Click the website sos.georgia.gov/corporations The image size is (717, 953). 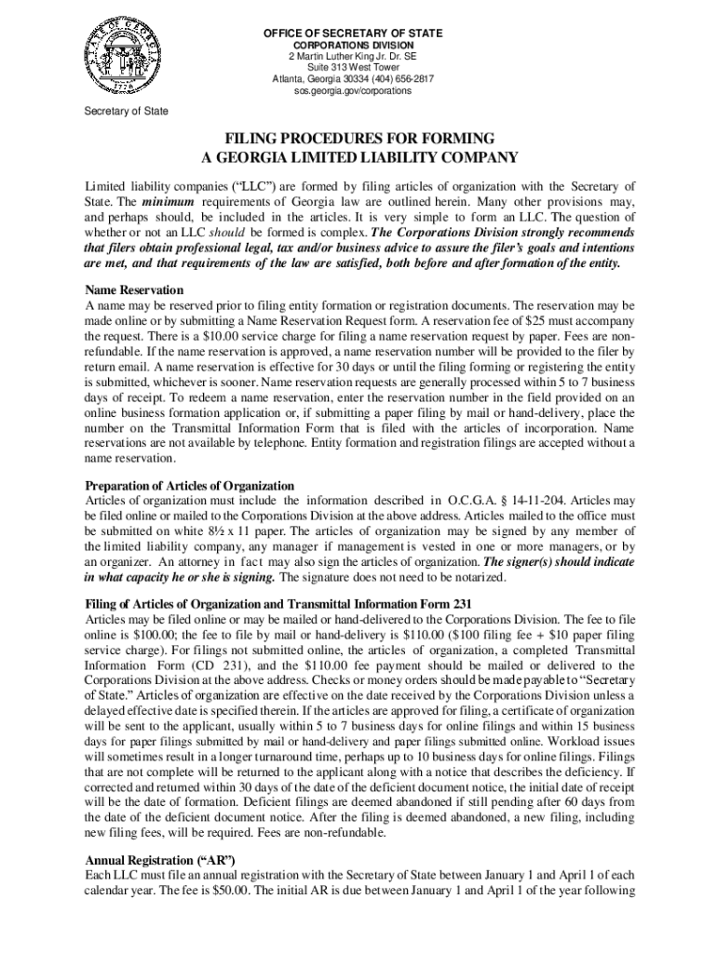(x=351, y=91)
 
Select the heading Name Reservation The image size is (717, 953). (x=134, y=290)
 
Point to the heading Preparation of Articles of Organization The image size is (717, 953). (x=190, y=486)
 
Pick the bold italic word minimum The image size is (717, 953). (x=168, y=202)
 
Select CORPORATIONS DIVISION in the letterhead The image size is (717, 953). (x=351, y=45)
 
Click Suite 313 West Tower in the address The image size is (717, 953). (x=351, y=68)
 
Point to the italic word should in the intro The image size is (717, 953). (x=227, y=232)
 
